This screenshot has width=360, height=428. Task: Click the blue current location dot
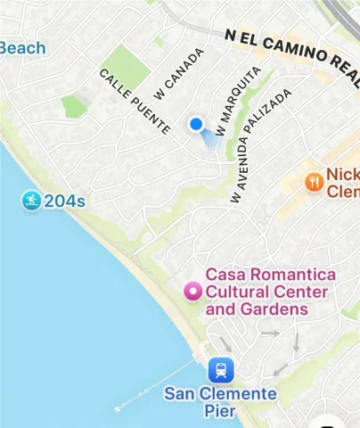pyautogui.click(x=197, y=125)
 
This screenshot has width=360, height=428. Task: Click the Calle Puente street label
pyautogui.click(x=135, y=102)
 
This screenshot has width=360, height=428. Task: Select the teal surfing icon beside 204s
pyautogui.click(x=32, y=201)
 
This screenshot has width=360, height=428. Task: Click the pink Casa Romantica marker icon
pyautogui.click(x=191, y=291)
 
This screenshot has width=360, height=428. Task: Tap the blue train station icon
pyautogui.click(x=220, y=369)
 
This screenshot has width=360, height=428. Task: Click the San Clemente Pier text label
pyautogui.click(x=220, y=402)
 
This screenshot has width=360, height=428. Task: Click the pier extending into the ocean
pyautogui.click(x=156, y=386)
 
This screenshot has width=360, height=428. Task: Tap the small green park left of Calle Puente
pyautogui.click(x=74, y=106)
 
